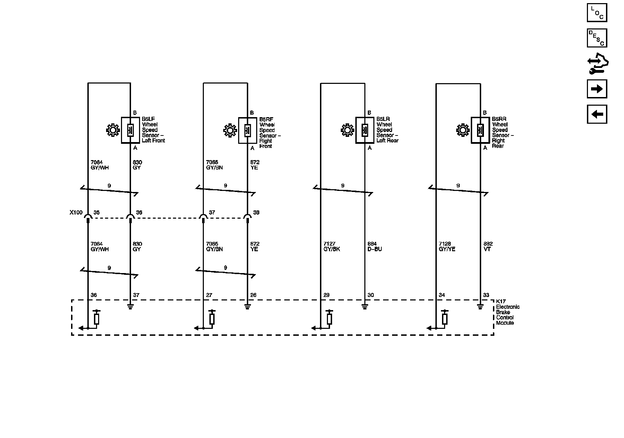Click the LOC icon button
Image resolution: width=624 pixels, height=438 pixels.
click(x=597, y=13)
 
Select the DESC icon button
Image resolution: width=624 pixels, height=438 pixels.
click(x=597, y=38)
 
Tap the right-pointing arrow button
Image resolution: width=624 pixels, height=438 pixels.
click(x=597, y=89)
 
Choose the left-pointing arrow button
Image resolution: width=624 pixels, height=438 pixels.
click(x=597, y=114)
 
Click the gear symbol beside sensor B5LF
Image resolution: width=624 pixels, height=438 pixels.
click(x=113, y=130)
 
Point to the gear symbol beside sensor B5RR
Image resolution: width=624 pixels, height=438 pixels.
click(x=463, y=130)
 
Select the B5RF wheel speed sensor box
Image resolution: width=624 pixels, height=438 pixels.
click(x=248, y=130)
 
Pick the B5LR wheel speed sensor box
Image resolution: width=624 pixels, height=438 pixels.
click(x=365, y=130)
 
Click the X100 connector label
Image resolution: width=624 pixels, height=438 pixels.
click(x=76, y=212)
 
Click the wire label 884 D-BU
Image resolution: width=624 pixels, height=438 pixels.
click(x=374, y=246)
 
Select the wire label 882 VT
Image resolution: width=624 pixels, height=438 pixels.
click(x=488, y=246)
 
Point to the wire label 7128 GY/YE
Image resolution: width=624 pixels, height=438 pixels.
click(x=447, y=246)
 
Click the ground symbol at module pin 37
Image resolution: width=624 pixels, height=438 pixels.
click(x=130, y=306)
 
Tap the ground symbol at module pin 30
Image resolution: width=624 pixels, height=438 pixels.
click(x=365, y=306)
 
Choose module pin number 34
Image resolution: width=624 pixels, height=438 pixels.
click(x=442, y=295)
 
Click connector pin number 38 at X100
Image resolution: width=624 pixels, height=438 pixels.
click(x=256, y=212)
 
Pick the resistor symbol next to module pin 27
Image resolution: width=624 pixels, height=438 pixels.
click(x=212, y=318)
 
